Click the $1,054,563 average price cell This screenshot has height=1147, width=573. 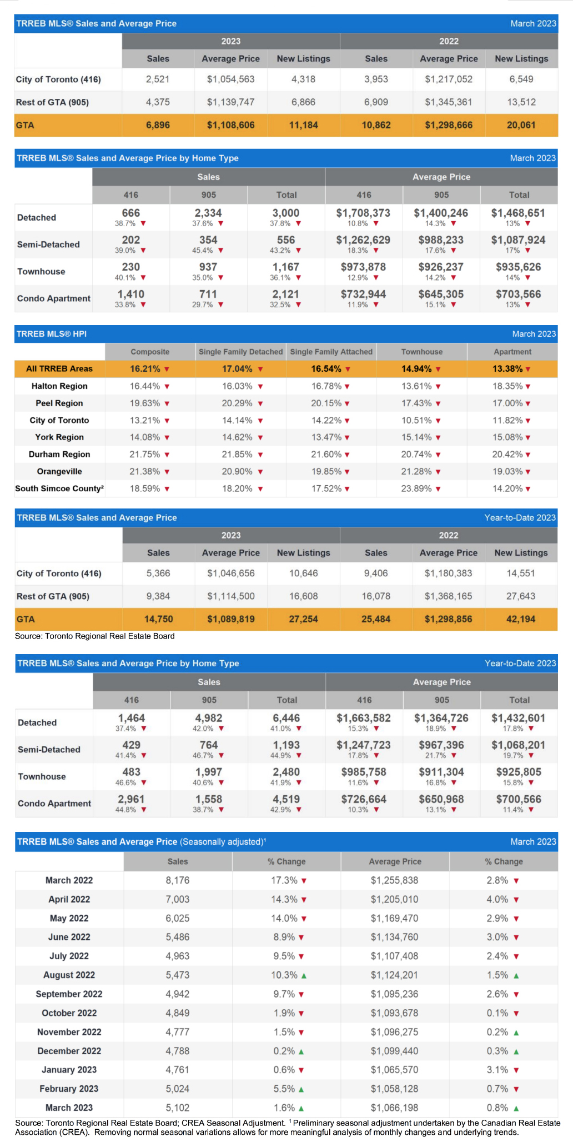pyautogui.click(x=230, y=79)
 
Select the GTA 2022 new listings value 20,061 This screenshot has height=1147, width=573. pyautogui.click(x=521, y=125)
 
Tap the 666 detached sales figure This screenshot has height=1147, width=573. pyautogui.click(x=131, y=213)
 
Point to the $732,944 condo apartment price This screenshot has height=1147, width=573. pyautogui.click(x=364, y=294)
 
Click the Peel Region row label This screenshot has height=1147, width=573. pyautogui.click(x=59, y=403)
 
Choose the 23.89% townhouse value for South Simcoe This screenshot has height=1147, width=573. pyautogui.click(x=416, y=488)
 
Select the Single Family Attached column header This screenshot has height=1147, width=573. pyautogui.click(x=331, y=352)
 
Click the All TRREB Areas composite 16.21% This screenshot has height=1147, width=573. pyautogui.click(x=145, y=369)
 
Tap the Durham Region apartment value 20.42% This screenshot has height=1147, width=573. pyautogui.click(x=507, y=455)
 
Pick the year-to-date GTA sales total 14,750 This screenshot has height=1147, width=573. pyautogui.click(x=158, y=619)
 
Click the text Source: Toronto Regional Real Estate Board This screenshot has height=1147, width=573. pyautogui.click(x=95, y=636)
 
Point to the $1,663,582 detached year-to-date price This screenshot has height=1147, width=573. pyautogui.click(x=364, y=718)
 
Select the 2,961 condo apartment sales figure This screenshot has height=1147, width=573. pyautogui.click(x=132, y=799)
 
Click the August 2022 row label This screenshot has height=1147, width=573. pyautogui.click(x=69, y=975)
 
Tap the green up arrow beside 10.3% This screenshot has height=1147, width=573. pyautogui.click(x=304, y=975)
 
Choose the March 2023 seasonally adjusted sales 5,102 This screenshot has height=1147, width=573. pyautogui.click(x=178, y=1108)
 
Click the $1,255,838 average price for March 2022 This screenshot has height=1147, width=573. pyautogui.click(x=395, y=880)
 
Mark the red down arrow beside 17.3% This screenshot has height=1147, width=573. pyautogui.click(x=304, y=881)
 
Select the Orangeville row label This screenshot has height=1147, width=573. pyautogui.click(x=59, y=472)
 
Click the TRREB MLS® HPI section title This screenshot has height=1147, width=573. pyautogui.click(x=52, y=334)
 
